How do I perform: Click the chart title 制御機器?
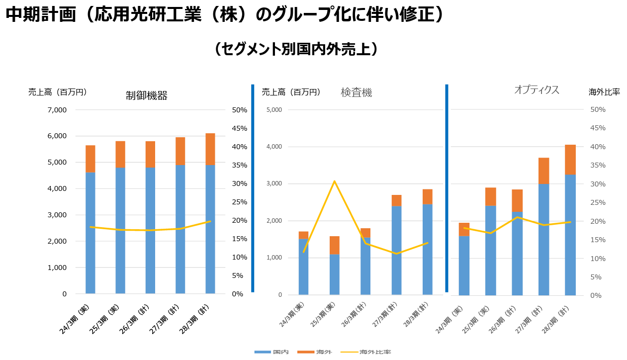[147, 96]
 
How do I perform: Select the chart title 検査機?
[356, 92]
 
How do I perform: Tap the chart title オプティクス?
[537, 90]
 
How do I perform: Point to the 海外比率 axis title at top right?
[604, 92]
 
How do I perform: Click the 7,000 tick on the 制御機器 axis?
[57, 110]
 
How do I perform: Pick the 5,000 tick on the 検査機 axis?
[274, 110]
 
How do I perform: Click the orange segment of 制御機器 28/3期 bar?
[210, 149]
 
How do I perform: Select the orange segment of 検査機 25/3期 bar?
[334, 245]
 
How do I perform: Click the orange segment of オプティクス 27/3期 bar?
[543, 171]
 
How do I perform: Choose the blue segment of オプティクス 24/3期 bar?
[464, 266]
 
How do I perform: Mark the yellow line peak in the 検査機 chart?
[334, 181]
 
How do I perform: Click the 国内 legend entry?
[271, 352]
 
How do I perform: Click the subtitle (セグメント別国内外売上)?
[297, 49]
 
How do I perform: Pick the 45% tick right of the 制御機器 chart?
[239, 128]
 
